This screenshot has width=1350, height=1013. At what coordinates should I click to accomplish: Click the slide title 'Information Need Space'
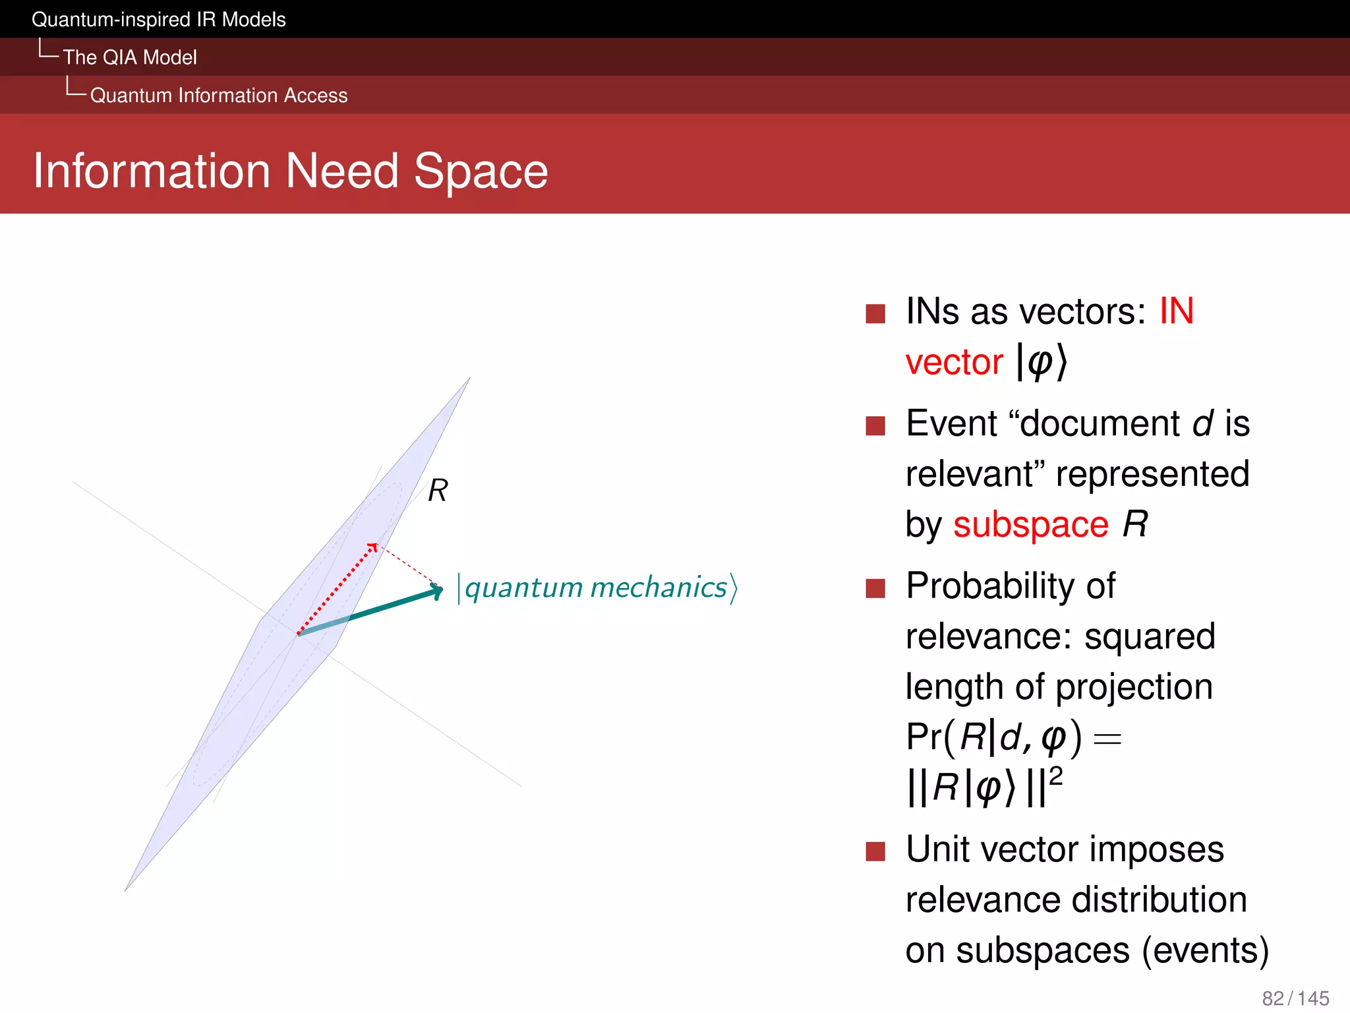pyautogui.click(x=290, y=171)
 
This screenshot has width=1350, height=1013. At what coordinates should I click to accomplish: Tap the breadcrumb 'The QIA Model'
pyautogui.click(x=130, y=57)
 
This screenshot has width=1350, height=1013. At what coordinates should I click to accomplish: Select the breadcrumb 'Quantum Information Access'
pyautogui.click(x=218, y=96)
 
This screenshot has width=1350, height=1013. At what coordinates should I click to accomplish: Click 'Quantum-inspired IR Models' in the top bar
pyautogui.click(x=158, y=19)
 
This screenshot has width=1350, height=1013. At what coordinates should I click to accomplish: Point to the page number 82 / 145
pyautogui.click(x=1295, y=998)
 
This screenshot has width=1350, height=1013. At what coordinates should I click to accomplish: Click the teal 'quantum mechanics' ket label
pyautogui.click(x=597, y=587)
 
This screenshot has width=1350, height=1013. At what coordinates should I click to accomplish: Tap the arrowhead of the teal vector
pyautogui.click(x=437, y=590)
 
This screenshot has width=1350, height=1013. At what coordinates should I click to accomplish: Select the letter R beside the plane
pyautogui.click(x=438, y=491)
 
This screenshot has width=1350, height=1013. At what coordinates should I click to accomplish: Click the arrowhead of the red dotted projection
pyautogui.click(x=372, y=547)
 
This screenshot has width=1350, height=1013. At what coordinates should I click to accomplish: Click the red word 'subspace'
pyautogui.click(x=1030, y=525)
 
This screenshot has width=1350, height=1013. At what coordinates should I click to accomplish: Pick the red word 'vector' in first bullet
pyautogui.click(x=954, y=362)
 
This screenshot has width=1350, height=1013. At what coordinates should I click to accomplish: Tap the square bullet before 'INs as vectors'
pyautogui.click(x=875, y=313)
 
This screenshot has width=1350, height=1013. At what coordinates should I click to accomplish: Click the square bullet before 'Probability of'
pyautogui.click(x=875, y=588)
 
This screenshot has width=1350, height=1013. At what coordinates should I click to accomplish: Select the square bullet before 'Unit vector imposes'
pyautogui.click(x=875, y=851)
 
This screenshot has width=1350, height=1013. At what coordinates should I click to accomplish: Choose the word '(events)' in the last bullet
pyautogui.click(x=1205, y=950)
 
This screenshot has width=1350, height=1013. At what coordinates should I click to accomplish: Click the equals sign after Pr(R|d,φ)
pyautogui.click(x=1107, y=739)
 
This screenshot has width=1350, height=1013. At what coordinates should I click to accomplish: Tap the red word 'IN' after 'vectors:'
pyautogui.click(x=1177, y=311)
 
